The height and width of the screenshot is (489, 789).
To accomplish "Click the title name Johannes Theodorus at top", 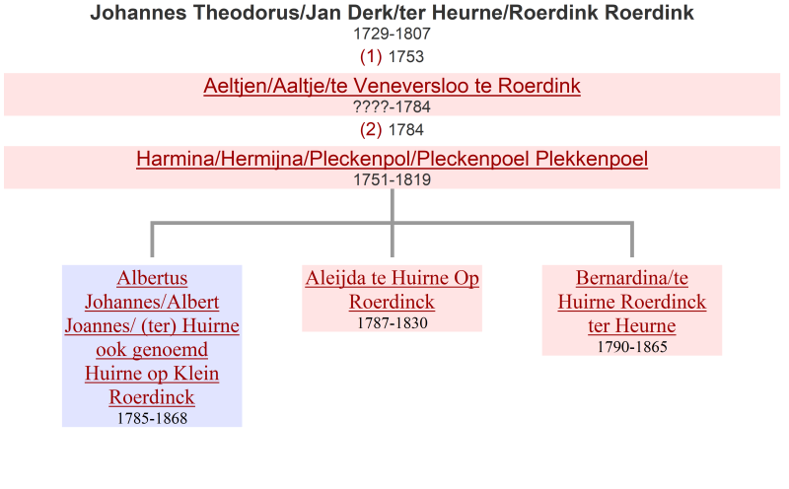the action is pyautogui.click(x=194, y=13).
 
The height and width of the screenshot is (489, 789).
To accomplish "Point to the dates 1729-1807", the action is pyautogui.click(x=392, y=34).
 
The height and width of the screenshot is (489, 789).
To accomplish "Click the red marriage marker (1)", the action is pyautogui.click(x=371, y=56).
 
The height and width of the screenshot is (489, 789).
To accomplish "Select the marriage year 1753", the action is pyautogui.click(x=406, y=57).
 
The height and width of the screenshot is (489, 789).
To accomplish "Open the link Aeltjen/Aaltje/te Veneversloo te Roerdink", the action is pyautogui.click(x=392, y=86).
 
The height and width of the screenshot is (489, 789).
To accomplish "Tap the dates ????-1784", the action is pyautogui.click(x=392, y=107).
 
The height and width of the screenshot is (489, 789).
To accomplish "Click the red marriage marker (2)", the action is pyautogui.click(x=371, y=130).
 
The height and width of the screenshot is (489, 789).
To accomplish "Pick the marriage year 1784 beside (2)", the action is pyautogui.click(x=406, y=130).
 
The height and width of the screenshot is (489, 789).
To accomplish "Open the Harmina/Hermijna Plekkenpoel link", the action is pyautogui.click(x=392, y=159).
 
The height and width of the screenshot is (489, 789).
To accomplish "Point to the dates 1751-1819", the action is pyautogui.click(x=392, y=180).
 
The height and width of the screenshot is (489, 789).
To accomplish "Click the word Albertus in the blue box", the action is pyautogui.click(x=152, y=278).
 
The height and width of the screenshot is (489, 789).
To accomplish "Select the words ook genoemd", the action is pyautogui.click(x=152, y=350).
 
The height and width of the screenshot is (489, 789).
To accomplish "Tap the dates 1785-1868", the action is pyautogui.click(x=152, y=419).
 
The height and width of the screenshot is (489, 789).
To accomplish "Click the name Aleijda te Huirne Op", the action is pyautogui.click(x=392, y=278).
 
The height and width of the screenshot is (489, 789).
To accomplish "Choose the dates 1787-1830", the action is pyautogui.click(x=392, y=323).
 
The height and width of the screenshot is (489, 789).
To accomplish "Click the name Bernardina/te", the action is pyautogui.click(x=632, y=278).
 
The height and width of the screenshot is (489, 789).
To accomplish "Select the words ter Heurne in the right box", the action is pyautogui.click(x=632, y=326).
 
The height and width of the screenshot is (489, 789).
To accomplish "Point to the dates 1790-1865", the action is pyautogui.click(x=632, y=347).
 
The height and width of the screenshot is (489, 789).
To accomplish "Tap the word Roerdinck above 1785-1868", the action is pyautogui.click(x=152, y=397).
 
